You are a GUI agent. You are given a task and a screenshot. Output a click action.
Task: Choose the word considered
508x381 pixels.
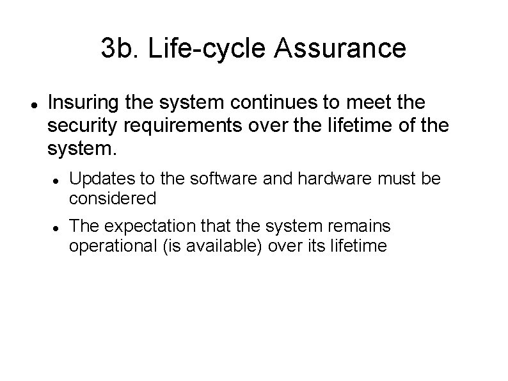(113, 198)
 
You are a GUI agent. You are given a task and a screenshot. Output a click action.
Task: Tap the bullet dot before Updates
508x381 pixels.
(56, 181)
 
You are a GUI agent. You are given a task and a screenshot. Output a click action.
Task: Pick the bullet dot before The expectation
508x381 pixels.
(56, 228)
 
